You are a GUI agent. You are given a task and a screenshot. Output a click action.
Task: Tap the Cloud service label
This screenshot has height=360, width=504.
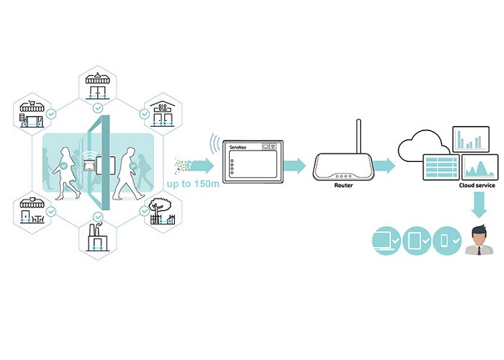[477, 185]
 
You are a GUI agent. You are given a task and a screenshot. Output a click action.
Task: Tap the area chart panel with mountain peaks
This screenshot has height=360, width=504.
[479, 168]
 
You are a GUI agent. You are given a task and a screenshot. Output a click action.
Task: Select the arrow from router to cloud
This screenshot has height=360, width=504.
[382, 166]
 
